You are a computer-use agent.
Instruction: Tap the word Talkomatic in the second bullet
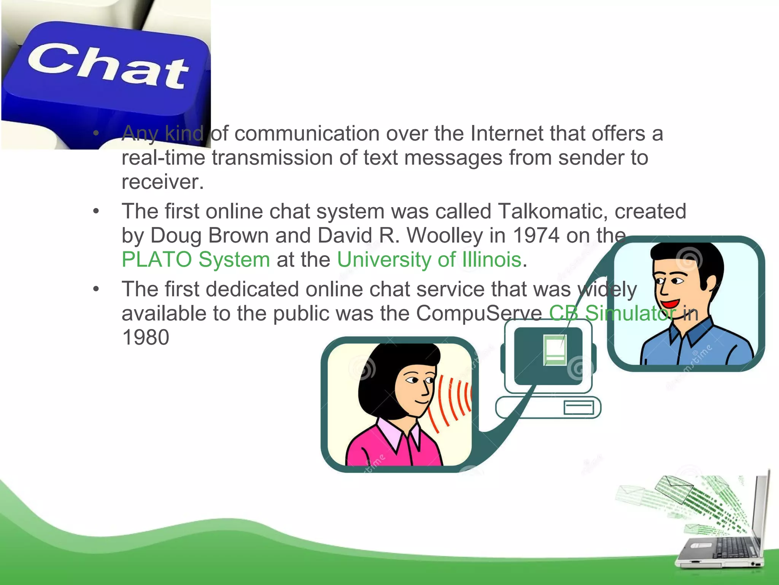click(549, 211)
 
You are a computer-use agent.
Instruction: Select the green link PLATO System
click(196, 260)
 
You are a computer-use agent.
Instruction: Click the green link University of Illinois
click(429, 260)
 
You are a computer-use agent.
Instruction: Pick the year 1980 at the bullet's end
click(146, 337)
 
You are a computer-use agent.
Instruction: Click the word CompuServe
click(479, 313)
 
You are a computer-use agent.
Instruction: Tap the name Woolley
click(445, 235)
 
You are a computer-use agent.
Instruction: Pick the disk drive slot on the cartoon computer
click(579, 408)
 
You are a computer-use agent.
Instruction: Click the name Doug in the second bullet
click(175, 235)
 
